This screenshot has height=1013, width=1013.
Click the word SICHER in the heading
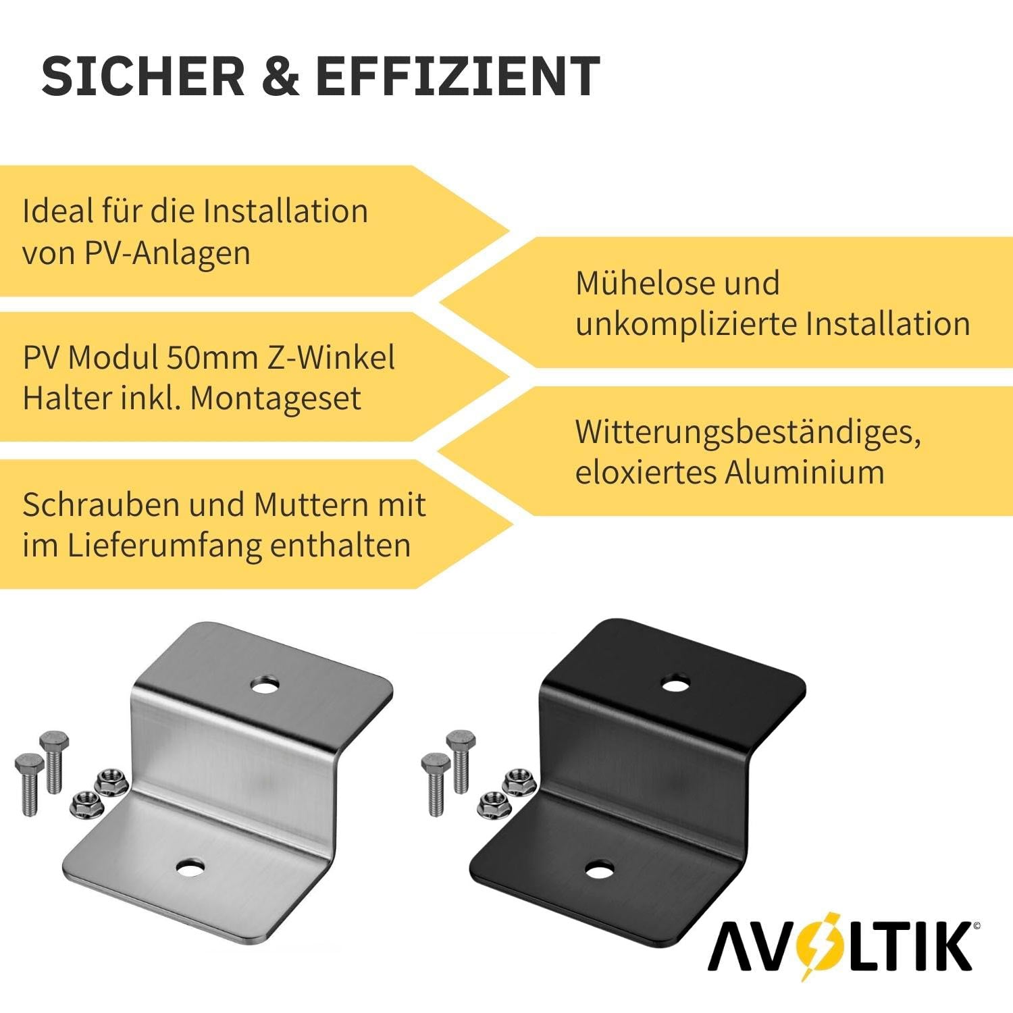(142, 76)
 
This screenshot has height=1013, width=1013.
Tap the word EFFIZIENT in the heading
(458, 76)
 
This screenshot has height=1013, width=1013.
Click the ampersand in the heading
(280, 76)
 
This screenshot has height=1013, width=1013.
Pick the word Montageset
(276, 398)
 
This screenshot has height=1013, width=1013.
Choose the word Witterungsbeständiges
(748, 432)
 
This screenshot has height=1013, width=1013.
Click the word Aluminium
(804, 471)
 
